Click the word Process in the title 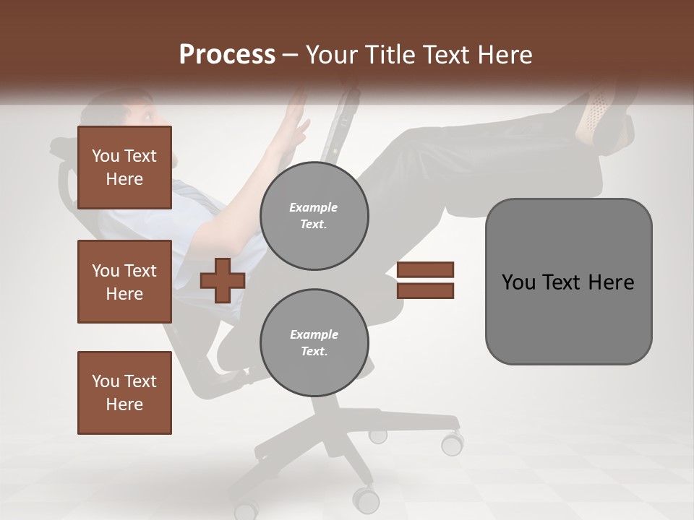(227, 55)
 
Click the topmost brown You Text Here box (124, 168)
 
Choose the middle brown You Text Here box (124, 282)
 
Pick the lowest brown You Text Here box (124, 393)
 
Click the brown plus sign (222, 280)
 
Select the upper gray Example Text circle (314, 216)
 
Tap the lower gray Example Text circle (314, 343)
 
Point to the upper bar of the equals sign (425, 269)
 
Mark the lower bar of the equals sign (425, 291)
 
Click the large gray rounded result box (568, 282)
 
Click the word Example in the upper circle (314, 207)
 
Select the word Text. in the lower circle (314, 352)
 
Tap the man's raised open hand (296, 116)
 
